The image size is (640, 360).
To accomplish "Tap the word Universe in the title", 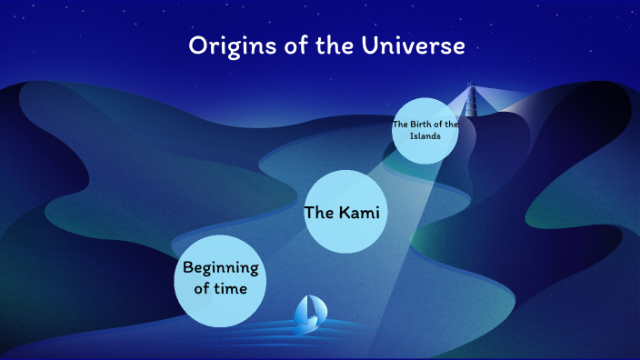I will coord(412,45).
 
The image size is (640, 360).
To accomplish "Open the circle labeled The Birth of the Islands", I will coord(425,130).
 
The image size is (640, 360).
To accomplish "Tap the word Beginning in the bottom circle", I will coord(221,268).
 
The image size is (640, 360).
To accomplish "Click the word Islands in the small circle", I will coord(425,136).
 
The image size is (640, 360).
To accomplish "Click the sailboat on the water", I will coord(307,313).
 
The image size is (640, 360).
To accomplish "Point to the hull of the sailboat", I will coord(307,325).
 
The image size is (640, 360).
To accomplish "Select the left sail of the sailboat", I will coord(302,311).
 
